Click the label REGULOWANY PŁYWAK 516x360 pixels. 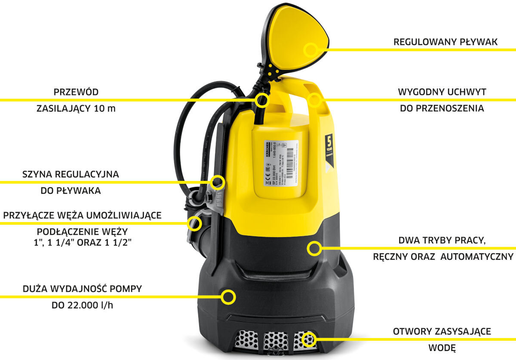coord(445,42)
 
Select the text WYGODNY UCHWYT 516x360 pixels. coord(442,92)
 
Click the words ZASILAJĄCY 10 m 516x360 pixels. coord(76,108)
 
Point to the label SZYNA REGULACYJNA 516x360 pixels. coord(71,175)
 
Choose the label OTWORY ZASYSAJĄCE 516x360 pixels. coord(442,332)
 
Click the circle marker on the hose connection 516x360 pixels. coord(195,223)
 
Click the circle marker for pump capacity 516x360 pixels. coord(228,296)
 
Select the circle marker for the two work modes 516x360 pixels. coord(314,247)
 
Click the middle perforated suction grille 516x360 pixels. coord(276,341)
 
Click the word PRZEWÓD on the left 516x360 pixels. coord(76,92)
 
